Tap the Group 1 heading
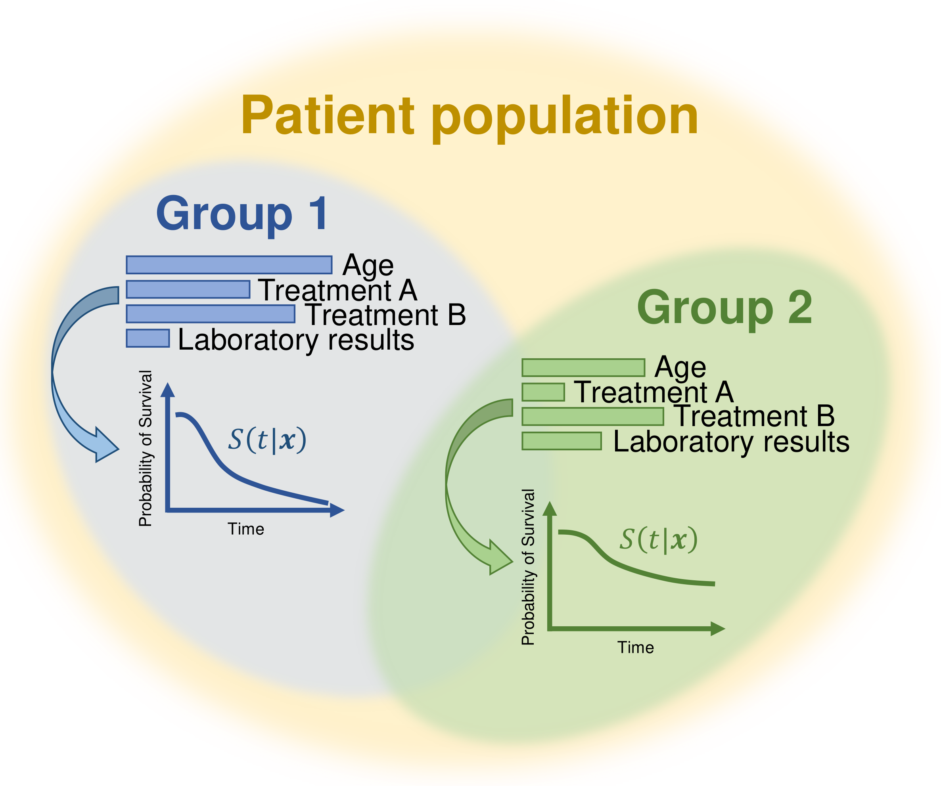[242, 214]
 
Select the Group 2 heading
[724, 308]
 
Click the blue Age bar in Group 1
[229, 265]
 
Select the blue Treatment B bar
[210, 314]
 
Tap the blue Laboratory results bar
[148, 338]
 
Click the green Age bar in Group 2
[583, 368]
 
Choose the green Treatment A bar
[543, 392]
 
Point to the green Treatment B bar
[592, 417]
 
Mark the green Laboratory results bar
[562, 441]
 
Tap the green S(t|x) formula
[659, 540]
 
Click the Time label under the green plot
[635, 648]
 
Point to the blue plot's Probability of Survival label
[146, 448]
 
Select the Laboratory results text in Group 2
[731, 442]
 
